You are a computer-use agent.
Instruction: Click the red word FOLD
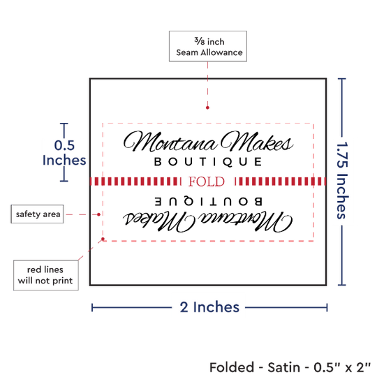(207, 182)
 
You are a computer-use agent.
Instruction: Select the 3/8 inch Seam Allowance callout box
(208, 46)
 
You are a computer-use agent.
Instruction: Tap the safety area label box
(37, 214)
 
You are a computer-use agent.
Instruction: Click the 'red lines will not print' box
(46, 275)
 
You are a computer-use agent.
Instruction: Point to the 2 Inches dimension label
(209, 307)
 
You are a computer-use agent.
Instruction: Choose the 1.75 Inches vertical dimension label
(342, 180)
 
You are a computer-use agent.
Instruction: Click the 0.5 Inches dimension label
(64, 153)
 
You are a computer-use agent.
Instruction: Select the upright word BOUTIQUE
(208, 162)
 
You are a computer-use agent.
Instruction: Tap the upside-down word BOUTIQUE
(209, 201)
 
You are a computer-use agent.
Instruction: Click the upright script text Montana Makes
(209, 141)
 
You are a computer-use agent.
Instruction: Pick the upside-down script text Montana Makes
(207, 221)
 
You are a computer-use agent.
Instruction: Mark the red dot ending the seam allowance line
(207, 108)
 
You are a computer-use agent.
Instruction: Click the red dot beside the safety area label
(98, 214)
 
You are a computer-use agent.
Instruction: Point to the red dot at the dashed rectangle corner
(103, 239)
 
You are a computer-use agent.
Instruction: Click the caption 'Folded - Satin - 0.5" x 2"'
(290, 367)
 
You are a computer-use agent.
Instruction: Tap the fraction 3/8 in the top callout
(200, 41)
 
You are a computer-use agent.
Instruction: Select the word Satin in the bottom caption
(283, 367)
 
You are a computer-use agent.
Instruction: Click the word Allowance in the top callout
(221, 52)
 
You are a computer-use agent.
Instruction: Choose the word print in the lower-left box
(63, 281)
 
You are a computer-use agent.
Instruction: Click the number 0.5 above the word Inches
(64, 145)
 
